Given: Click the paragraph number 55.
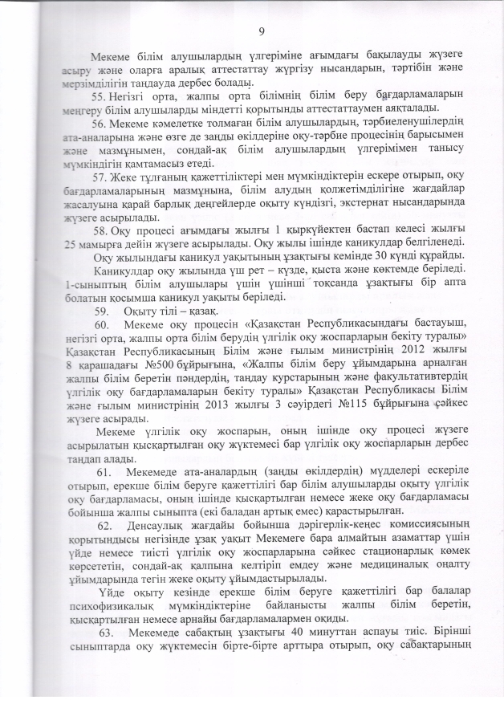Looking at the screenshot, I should pos(100,96).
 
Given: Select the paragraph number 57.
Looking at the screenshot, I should pos(100,177).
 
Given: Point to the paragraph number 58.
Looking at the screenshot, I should pos(100,231).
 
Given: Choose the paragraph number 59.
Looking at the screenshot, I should pos(101,312).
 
